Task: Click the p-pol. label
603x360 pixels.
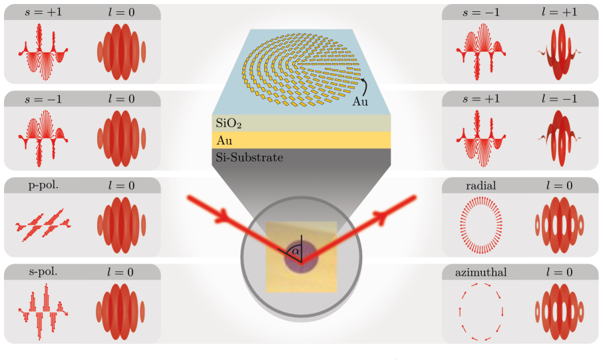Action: coord(43,186)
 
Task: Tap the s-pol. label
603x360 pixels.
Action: coord(43,272)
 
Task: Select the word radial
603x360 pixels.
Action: coord(481,186)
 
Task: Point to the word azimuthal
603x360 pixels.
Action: coord(481,272)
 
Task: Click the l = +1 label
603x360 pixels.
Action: coord(559,12)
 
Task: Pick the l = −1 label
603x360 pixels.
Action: coord(559,99)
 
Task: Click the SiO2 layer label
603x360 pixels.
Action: coord(228,123)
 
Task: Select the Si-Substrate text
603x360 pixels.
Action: coord(249,157)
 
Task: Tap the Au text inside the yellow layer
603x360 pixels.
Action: coord(224,140)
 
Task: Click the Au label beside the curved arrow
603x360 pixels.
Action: coord(360,102)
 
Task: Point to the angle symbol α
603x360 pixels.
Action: coord(296,252)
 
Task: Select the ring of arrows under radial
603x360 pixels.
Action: coord(461,226)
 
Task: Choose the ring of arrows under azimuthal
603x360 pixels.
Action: coord(460,311)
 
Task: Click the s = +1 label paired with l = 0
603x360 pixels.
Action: coord(43,12)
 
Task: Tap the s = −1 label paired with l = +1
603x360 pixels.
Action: coord(481,12)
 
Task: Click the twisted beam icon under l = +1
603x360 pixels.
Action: coord(559,52)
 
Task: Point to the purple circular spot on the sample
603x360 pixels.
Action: coord(301,257)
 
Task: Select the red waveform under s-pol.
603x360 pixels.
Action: coord(43,311)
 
